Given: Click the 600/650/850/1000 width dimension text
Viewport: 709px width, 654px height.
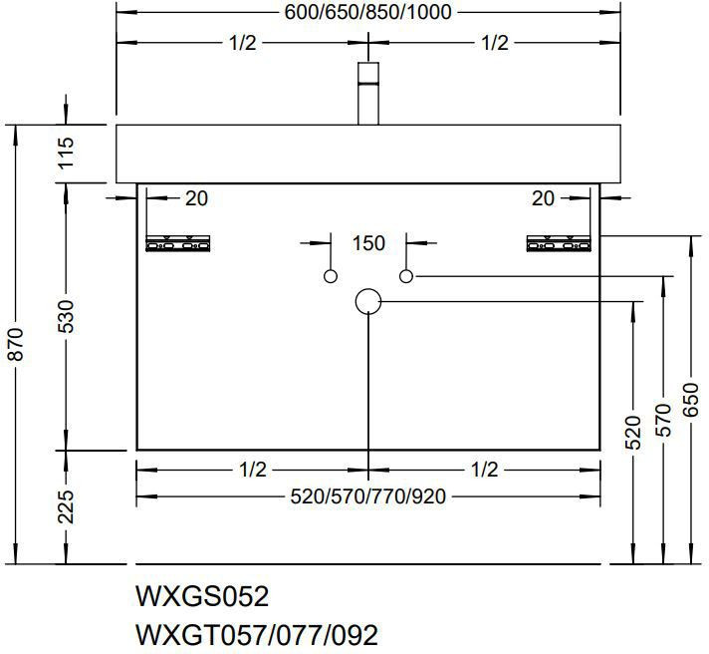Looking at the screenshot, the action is pos(367,12).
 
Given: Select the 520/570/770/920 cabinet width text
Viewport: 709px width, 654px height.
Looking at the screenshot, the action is pos(368,496).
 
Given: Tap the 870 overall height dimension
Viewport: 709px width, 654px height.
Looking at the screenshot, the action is pos(16,344).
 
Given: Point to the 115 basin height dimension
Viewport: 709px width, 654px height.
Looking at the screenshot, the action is pos(66,153).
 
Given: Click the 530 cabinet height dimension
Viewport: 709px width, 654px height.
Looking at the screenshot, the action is pos(66,316).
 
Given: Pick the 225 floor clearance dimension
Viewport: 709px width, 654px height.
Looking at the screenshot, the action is pos(66,506).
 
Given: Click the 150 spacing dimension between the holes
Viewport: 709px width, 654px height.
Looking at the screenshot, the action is pos(368,243).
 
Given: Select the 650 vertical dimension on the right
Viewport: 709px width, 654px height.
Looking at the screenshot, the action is pos(690,400).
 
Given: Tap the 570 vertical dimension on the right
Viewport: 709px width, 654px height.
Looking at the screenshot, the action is pos(663,420).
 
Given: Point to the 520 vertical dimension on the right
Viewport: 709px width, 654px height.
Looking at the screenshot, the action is pos(633,433).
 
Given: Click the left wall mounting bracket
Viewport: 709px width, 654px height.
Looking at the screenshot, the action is pos(177,243).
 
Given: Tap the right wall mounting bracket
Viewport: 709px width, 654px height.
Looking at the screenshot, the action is pos(559,243).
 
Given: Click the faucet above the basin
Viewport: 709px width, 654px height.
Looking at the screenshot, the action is pos(368,94).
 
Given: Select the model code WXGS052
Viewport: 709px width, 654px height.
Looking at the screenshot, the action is pos(202,596).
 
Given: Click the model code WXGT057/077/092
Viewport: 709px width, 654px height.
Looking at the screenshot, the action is pos(257,635).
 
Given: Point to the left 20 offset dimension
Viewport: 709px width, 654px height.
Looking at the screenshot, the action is pos(196,198).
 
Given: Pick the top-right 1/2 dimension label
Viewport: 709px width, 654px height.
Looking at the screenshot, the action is pos(495,43).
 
